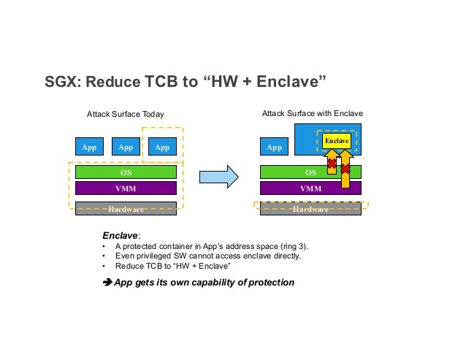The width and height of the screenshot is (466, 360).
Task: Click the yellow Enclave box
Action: (337, 139)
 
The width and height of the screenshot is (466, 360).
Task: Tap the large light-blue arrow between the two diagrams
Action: (220, 176)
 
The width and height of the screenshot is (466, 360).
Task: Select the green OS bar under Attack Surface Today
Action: (126, 172)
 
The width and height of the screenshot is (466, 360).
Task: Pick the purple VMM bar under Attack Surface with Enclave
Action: (311, 188)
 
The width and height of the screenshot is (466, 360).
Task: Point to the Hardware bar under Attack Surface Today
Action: (126, 209)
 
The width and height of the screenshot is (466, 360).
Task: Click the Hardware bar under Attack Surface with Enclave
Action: (311, 209)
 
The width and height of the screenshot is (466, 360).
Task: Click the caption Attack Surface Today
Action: (125, 114)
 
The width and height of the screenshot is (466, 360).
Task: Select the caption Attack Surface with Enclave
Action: (312, 114)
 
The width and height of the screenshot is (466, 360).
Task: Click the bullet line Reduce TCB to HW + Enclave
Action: (167, 267)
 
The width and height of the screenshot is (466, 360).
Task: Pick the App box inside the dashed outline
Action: (163, 147)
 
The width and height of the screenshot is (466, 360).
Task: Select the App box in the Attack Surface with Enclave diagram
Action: (275, 147)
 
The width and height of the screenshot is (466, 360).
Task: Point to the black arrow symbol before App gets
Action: (107, 282)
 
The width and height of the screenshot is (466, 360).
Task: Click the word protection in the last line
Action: (271, 282)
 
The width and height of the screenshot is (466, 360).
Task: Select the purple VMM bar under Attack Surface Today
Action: (126, 188)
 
